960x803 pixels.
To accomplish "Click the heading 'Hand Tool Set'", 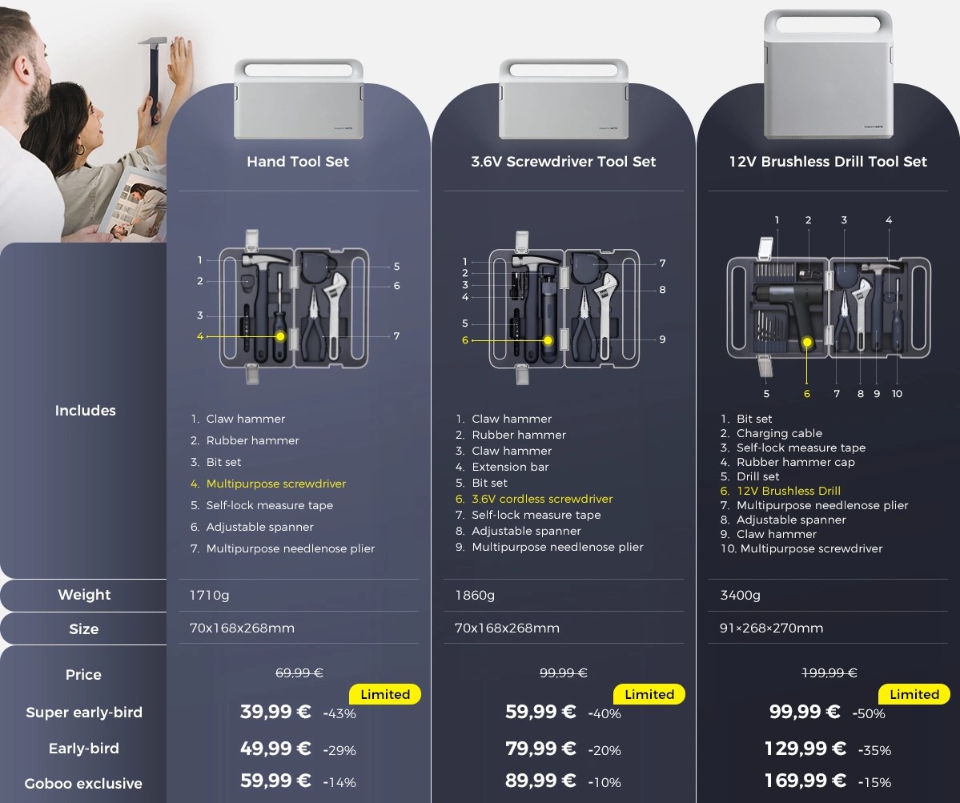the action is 298,162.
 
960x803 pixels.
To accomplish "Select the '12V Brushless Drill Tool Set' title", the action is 828,162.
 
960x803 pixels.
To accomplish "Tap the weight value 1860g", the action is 475,595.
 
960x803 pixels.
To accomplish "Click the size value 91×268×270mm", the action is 771,628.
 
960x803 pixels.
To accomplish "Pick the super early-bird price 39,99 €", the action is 275,712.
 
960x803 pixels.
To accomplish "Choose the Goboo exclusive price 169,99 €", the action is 805,781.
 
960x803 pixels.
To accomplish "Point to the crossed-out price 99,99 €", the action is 563,673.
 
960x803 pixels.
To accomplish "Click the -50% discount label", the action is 869,713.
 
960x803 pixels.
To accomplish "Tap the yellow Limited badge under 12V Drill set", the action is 914,694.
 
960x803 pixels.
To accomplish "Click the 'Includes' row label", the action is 85,411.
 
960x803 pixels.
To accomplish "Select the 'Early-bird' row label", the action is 84,749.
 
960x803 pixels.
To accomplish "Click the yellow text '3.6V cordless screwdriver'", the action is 542,499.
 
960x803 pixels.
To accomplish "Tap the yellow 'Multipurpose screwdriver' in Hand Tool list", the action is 276,484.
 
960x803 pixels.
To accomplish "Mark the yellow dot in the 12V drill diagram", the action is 808,342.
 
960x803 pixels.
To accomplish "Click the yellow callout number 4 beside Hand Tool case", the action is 200,336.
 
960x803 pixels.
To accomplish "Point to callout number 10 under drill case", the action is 897,394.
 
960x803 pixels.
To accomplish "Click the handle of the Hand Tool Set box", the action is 299,69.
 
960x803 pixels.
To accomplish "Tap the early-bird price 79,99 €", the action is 540,749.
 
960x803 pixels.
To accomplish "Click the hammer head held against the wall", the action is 152,42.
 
